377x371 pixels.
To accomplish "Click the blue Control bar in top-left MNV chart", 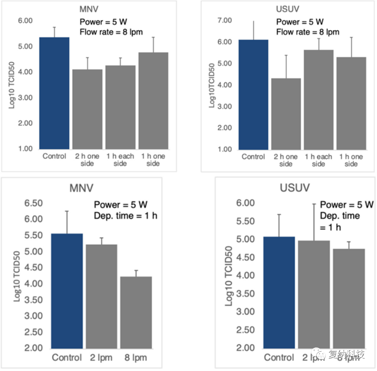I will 54,93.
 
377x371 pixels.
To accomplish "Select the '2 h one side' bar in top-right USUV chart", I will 286,114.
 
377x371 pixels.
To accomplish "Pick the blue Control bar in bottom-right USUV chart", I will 279,292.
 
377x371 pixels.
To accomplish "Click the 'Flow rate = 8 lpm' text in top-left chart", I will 111,32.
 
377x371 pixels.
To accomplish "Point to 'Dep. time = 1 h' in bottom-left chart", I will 125,216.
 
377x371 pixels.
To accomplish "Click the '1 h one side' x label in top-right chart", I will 351,160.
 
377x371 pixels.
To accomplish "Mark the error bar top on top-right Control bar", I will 254,21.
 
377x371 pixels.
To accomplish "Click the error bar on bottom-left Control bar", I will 67,222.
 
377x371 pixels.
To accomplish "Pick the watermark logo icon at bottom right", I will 321,355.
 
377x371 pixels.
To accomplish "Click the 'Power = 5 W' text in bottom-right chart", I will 346,205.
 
